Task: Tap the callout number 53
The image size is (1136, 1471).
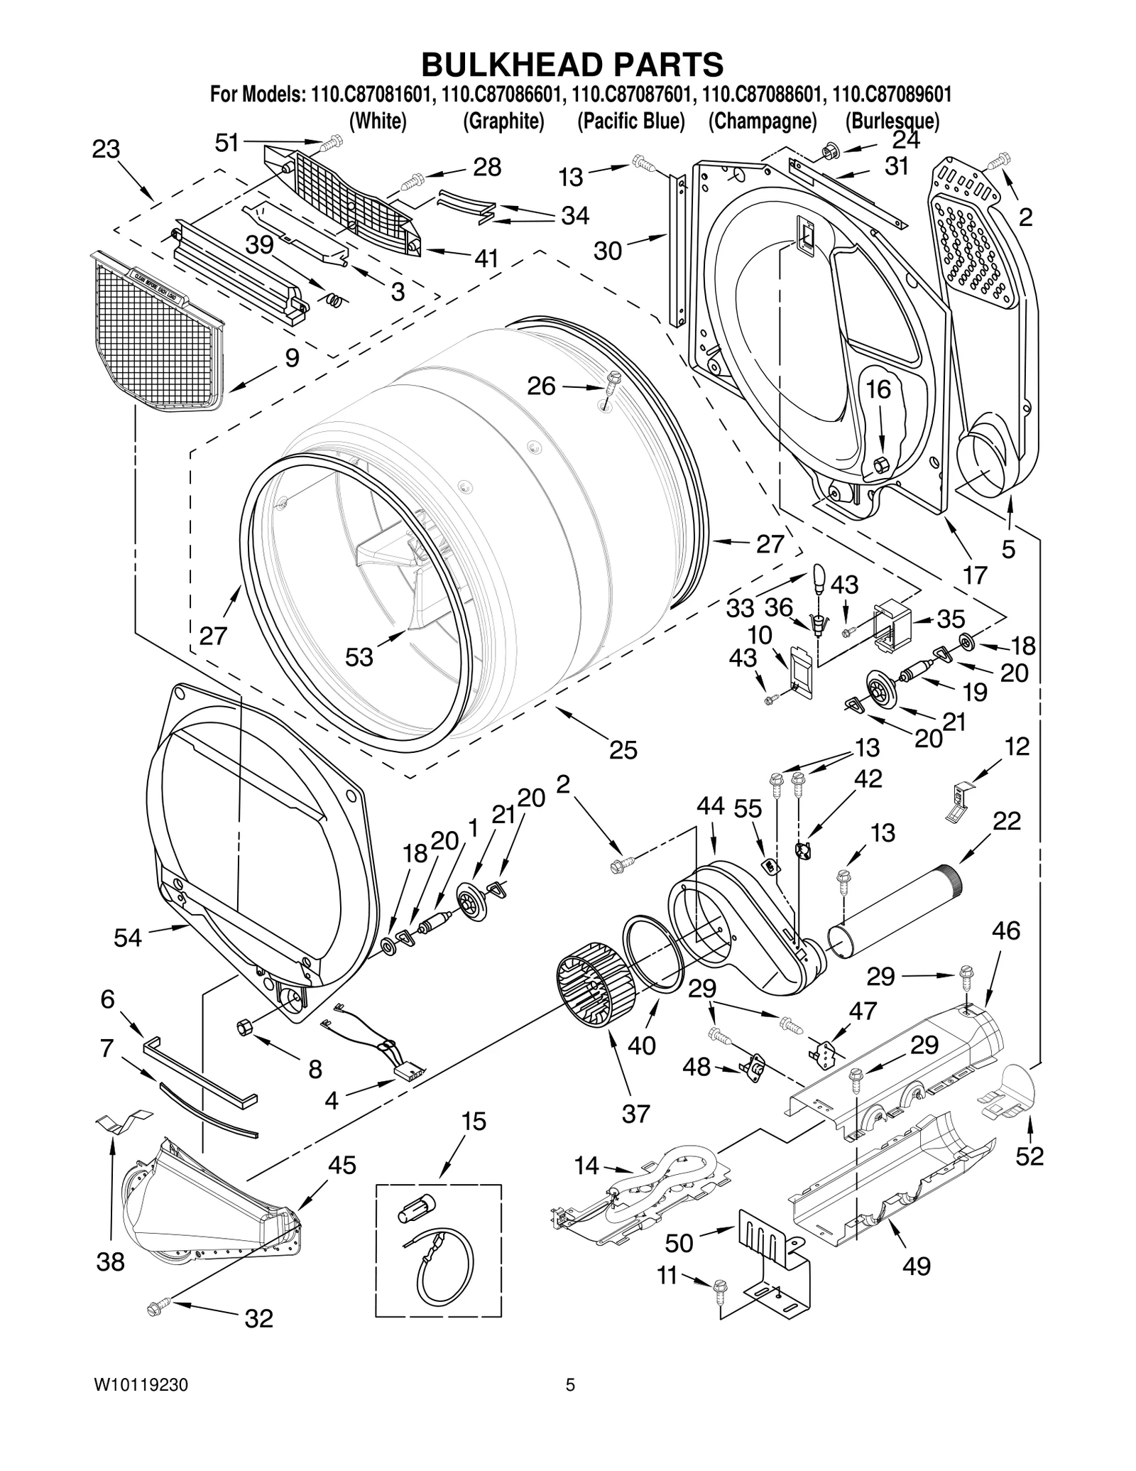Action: [x=359, y=657]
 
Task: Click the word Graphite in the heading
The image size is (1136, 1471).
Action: [x=503, y=121]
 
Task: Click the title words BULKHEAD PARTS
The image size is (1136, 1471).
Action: [x=572, y=64]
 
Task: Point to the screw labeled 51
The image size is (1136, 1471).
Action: [x=329, y=145]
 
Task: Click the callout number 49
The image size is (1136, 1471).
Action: [x=916, y=1265]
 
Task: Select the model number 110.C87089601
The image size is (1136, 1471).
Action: [x=890, y=94]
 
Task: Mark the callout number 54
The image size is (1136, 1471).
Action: [x=128, y=938]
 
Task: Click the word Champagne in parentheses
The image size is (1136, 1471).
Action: [x=763, y=121]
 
